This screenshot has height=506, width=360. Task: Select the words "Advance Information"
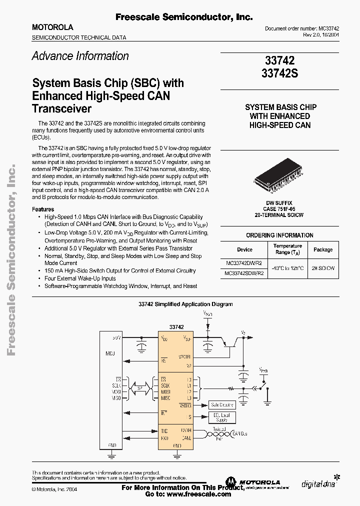80,56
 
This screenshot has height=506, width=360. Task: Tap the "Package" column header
323,249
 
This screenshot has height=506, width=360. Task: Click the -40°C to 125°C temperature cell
287,268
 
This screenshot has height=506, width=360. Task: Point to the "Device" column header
245,249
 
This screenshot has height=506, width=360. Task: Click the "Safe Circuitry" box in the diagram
222,405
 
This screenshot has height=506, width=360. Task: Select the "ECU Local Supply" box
221,417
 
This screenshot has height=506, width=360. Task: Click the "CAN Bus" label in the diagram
240,434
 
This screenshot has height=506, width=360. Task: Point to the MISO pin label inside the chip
165,398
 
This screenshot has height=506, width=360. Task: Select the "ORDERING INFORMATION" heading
279,235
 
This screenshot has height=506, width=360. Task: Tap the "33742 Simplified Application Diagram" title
185,304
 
